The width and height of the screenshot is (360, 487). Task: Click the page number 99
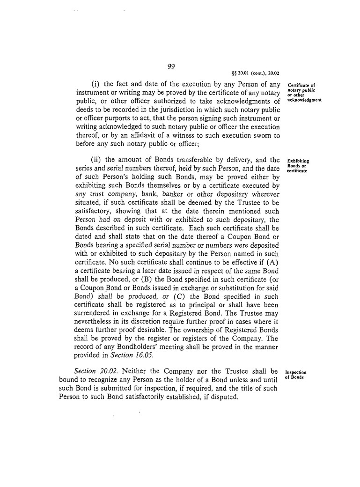pyautogui.click(x=171, y=66)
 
